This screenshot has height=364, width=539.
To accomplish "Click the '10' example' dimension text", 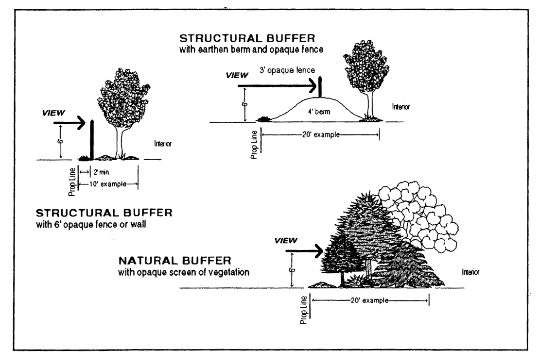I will (109, 183).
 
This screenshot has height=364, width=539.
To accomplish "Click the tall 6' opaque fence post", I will (92, 139).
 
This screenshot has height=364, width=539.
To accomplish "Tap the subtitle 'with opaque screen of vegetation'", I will (184, 272).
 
